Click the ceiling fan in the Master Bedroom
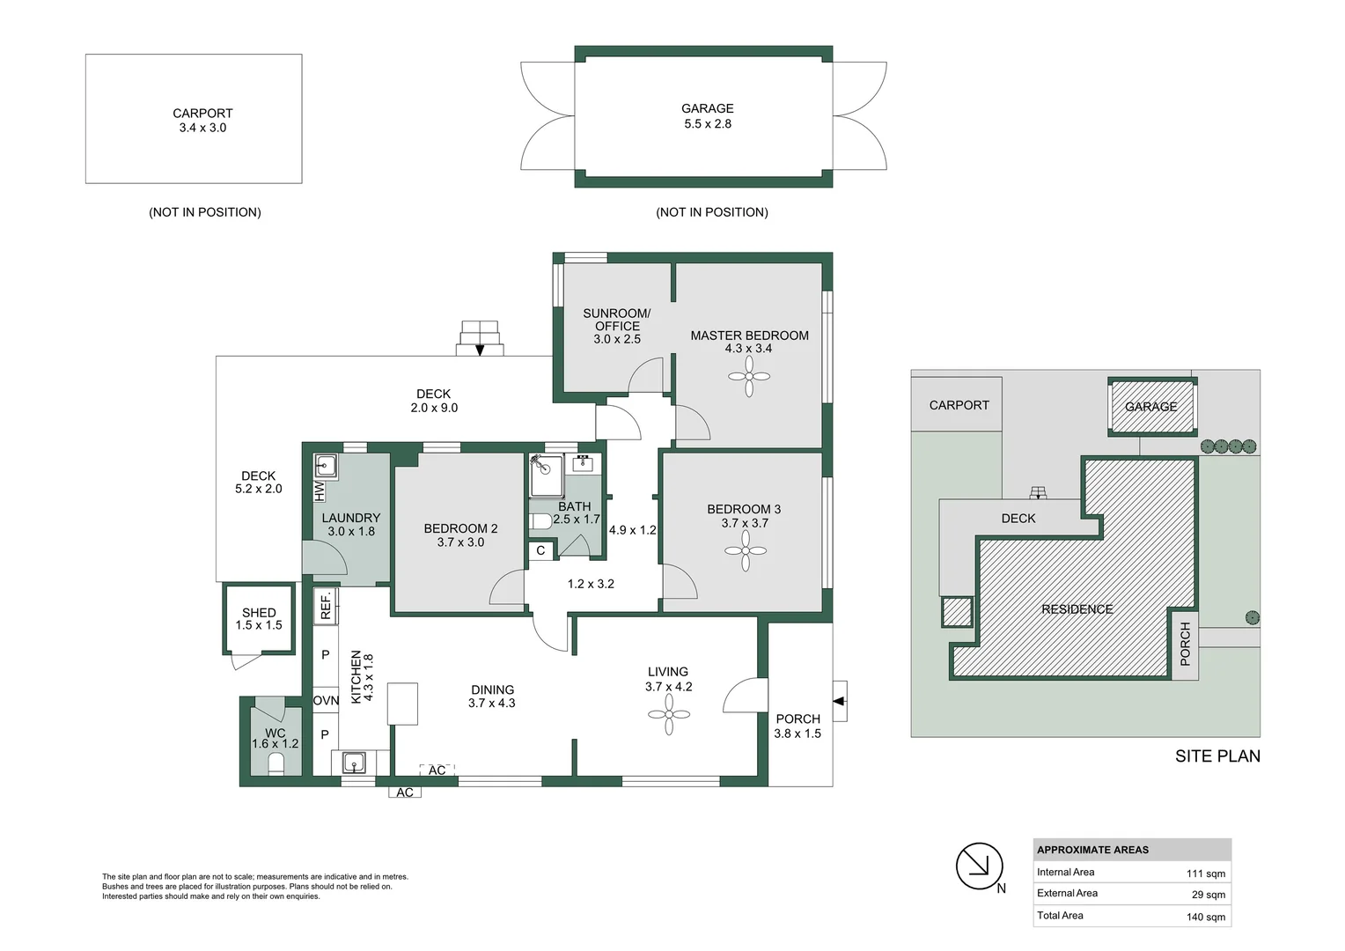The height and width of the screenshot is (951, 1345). (x=749, y=377)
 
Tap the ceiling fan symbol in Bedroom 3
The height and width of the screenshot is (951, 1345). (x=746, y=550)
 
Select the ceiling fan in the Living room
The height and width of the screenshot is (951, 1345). (x=669, y=714)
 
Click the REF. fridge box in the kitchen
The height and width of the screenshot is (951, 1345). (x=326, y=606)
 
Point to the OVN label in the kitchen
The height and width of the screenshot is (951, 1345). (x=326, y=701)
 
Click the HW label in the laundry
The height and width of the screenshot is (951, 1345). (x=320, y=491)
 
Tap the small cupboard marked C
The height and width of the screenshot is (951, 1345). (x=540, y=550)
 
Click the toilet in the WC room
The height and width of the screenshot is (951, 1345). (x=276, y=765)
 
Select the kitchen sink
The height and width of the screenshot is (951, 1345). (x=354, y=763)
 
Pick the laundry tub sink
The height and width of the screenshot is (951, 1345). (x=326, y=466)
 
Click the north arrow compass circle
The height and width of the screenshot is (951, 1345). (x=980, y=866)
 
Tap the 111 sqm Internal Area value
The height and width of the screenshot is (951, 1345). (x=1206, y=874)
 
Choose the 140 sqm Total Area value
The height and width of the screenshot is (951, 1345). (x=1206, y=917)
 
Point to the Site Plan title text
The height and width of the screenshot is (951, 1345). (x=1217, y=756)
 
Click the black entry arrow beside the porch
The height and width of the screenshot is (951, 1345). (x=839, y=701)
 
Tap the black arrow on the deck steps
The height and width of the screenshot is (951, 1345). (x=480, y=350)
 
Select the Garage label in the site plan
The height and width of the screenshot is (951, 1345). (x=1150, y=407)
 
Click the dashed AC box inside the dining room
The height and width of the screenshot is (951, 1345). (x=437, y=770)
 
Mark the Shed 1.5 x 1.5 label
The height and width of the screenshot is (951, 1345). (x=259, y=619)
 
